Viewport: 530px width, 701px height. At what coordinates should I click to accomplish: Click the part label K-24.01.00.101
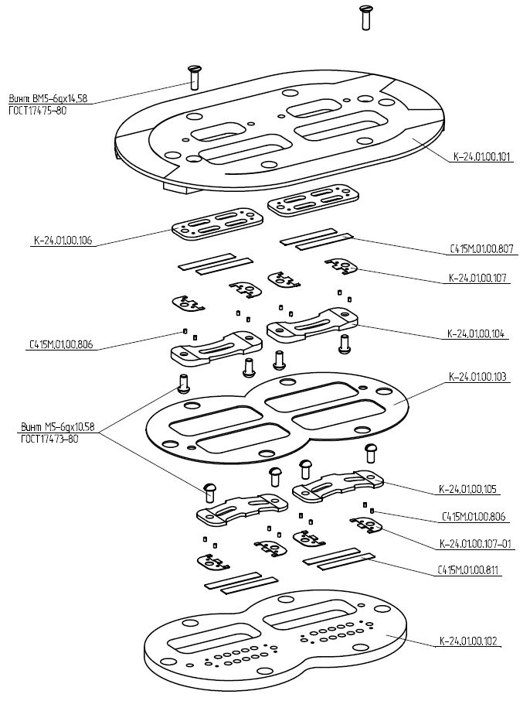pos(482,157)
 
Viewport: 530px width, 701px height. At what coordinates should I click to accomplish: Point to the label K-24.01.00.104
pos(476,334)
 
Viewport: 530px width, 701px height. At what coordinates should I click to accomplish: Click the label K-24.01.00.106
pos(62,241)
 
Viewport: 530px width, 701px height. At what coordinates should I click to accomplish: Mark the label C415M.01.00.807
pos(483,249)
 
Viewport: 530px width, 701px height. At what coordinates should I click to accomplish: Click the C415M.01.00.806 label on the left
pos(60,345)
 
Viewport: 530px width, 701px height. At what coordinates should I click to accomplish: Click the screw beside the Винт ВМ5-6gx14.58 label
pos(193,77)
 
